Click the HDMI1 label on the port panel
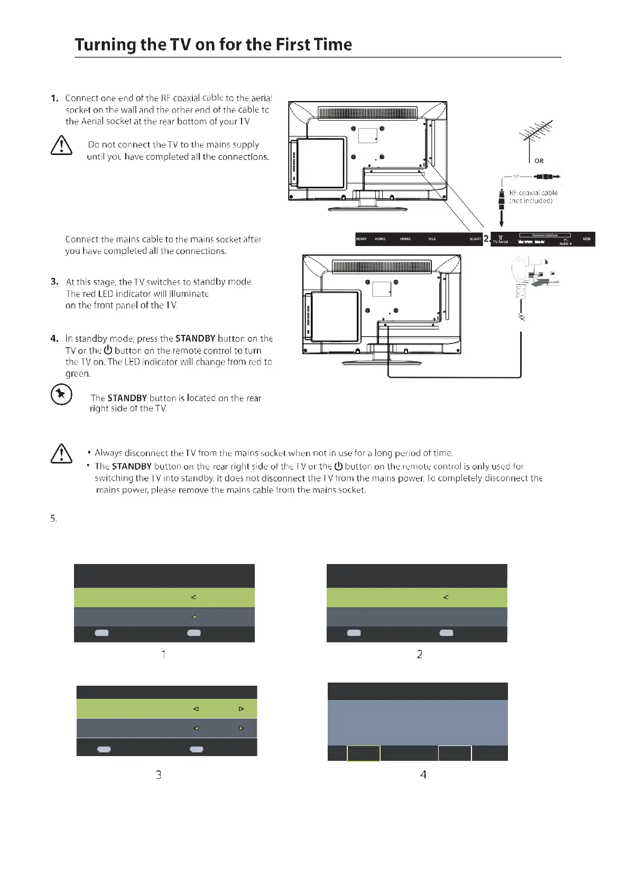coord(361,239)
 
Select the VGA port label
coord(432,239)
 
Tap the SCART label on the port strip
coord(475,239)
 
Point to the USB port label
coord(586,239)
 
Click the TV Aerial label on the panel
coord(500,241)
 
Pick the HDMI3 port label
coord(405,239)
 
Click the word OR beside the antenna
coord(539,161)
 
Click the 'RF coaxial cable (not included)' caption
coord(533,197)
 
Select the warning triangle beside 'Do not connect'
coord(61,145)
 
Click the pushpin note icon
coord(61,394)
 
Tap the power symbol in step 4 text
coord(108,350)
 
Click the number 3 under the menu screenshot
coord(158,775)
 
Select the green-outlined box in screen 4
coord(363,753)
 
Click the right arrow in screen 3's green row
coord(241,709)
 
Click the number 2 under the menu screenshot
coord(419,654)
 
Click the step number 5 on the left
coord(53,519)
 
